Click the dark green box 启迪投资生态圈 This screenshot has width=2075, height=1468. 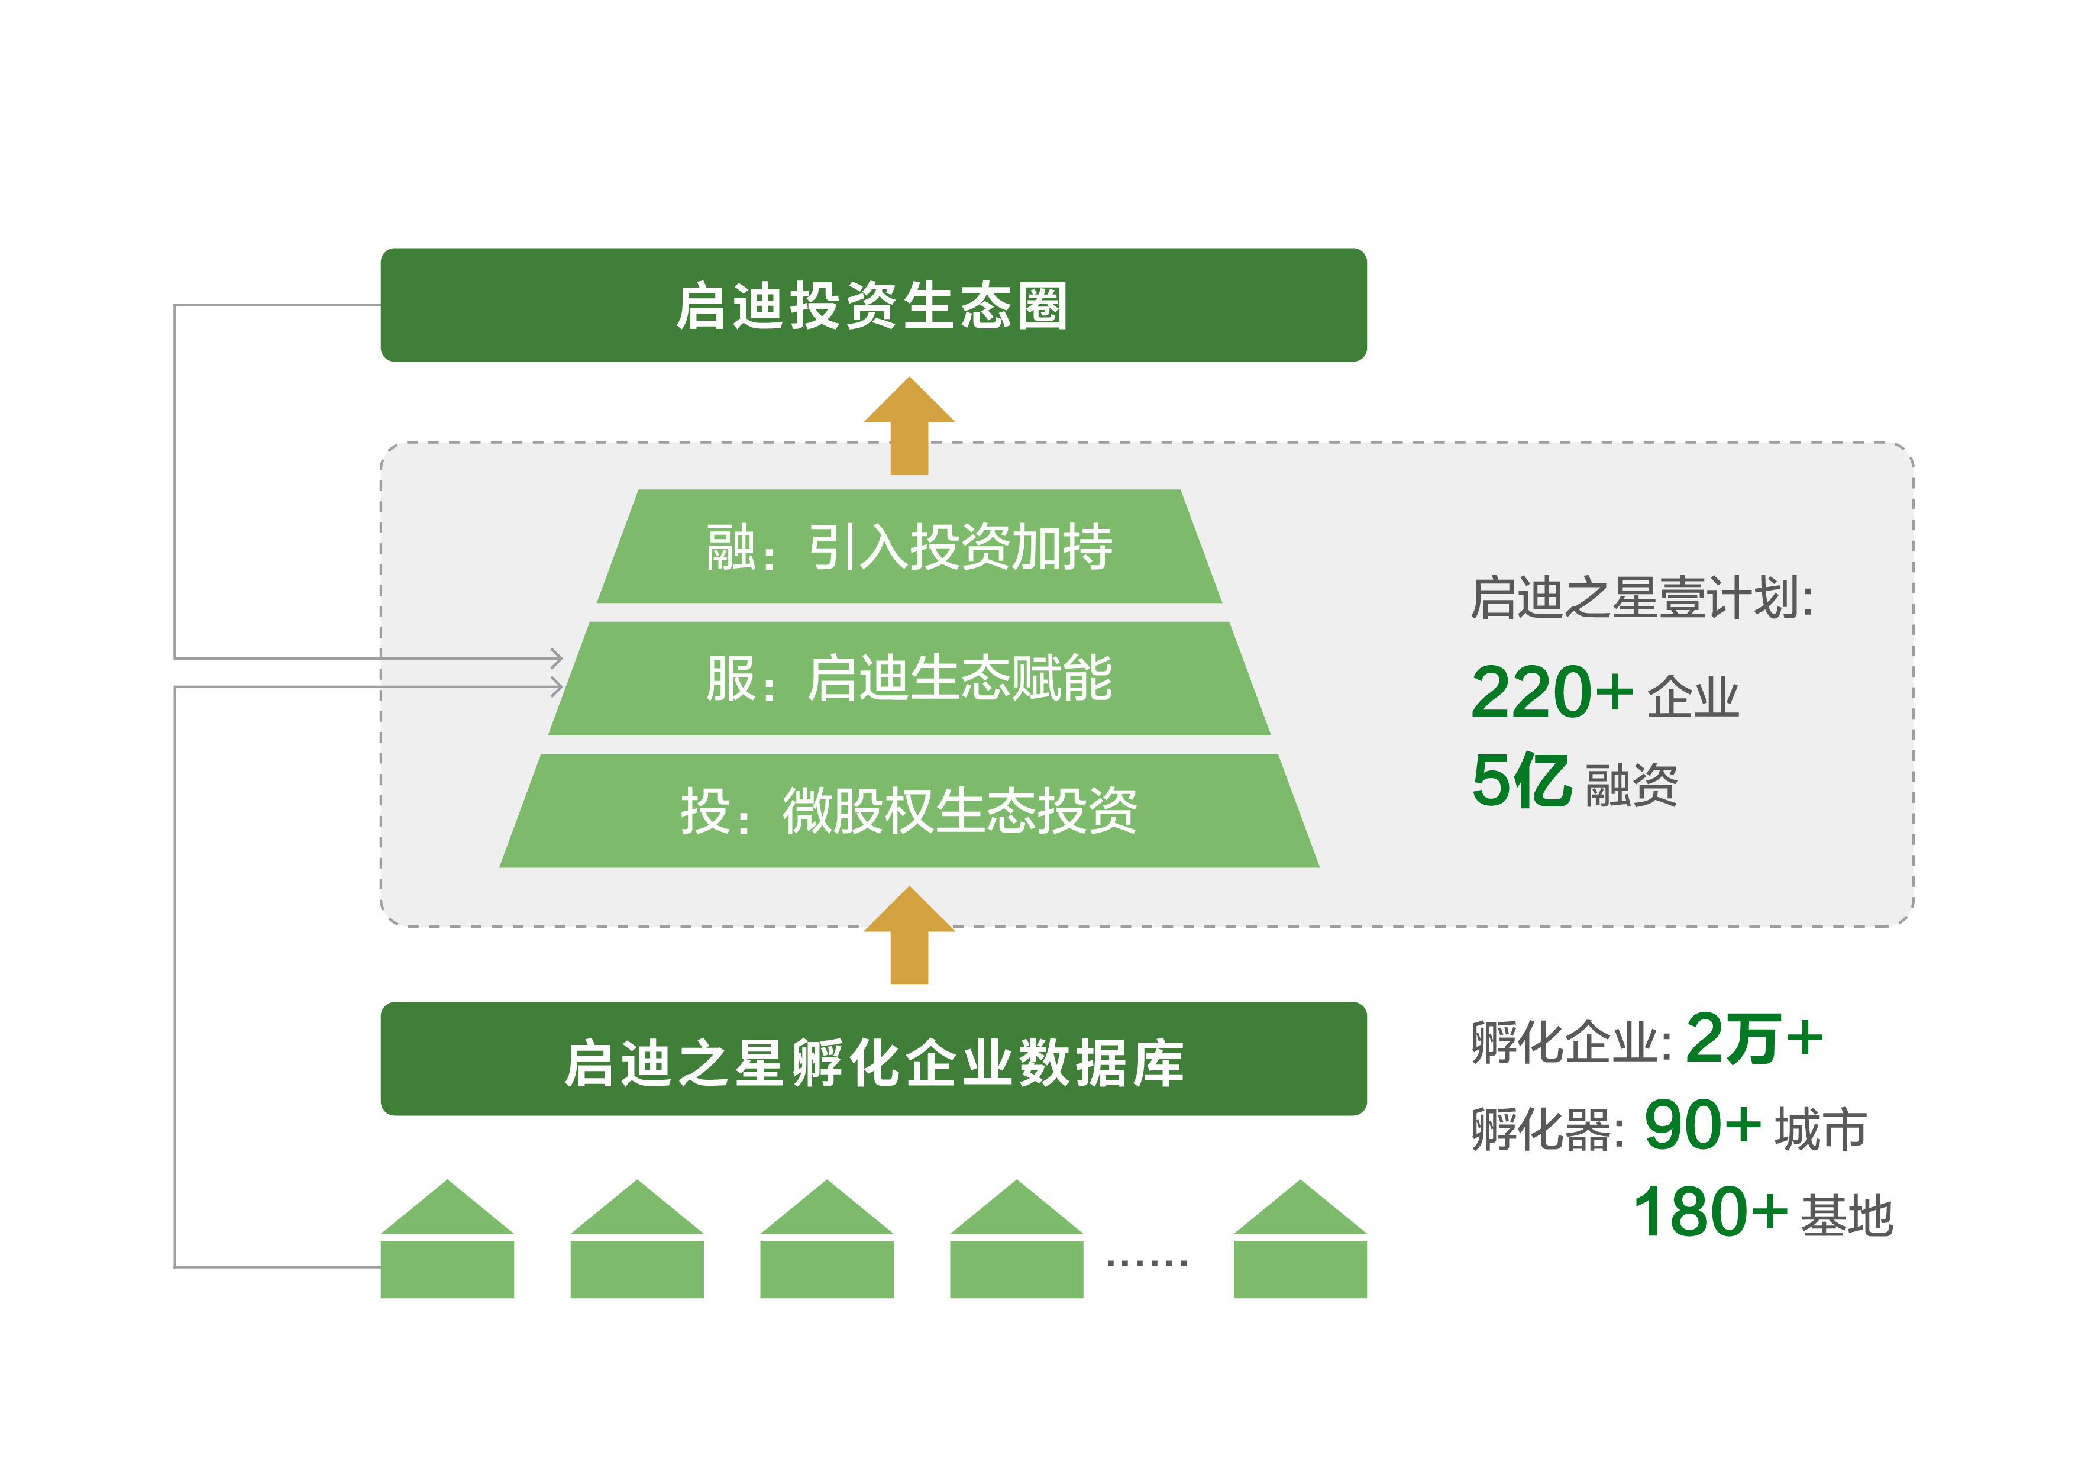point(873,305)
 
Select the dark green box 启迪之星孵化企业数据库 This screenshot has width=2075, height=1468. point(873,1059)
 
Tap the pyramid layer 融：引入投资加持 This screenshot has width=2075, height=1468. point(909,546)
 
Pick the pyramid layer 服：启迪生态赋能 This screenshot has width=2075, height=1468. point(909,678)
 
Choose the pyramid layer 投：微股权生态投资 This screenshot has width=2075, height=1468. point(909,811)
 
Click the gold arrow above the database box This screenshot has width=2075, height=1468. point(909,935)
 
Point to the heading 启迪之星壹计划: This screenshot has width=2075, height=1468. point(1642,598)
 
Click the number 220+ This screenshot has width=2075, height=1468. point(1552,692)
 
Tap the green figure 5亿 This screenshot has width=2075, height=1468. point(1522,779)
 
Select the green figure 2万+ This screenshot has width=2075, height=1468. point(1754,1038)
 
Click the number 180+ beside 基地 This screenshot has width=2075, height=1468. point(1711,1211)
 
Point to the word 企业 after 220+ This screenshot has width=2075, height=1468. point(1693,696)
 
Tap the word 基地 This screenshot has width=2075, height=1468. point(1846,1215)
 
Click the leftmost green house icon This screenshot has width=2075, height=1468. point(447,1239)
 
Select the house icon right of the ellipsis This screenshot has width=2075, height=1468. point(1300,1239)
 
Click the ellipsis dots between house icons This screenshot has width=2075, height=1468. point(1147,1262)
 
